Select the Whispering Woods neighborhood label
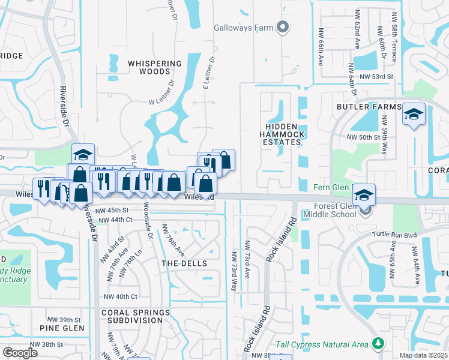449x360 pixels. click(x=155, y=67)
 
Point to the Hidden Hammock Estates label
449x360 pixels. click(x=282, y=134)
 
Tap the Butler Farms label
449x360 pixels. click(x=369, y=106)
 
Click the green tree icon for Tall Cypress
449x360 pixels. click(x=378, y=343)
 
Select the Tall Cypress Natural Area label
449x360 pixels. click(x=322, y=344)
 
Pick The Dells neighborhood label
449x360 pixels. click(x=184, y=263)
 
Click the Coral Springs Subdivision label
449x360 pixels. click(x=133, y=316)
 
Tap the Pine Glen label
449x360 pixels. click(x=57, y=328)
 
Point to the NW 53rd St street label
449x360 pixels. click(x=376, y=77)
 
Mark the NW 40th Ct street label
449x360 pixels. click(x=121, y=296)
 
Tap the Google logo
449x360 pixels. click(x=20, y=352)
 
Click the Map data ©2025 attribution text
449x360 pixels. click(x=423, y=355)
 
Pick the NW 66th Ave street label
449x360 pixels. click(x=321, y=46)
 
